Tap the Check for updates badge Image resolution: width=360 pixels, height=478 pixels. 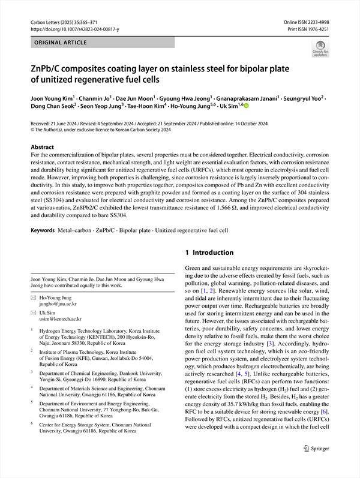[320, 48]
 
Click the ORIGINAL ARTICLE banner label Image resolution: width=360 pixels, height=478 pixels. [61, 43]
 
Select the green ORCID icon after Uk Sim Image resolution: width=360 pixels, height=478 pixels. [245, 106]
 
